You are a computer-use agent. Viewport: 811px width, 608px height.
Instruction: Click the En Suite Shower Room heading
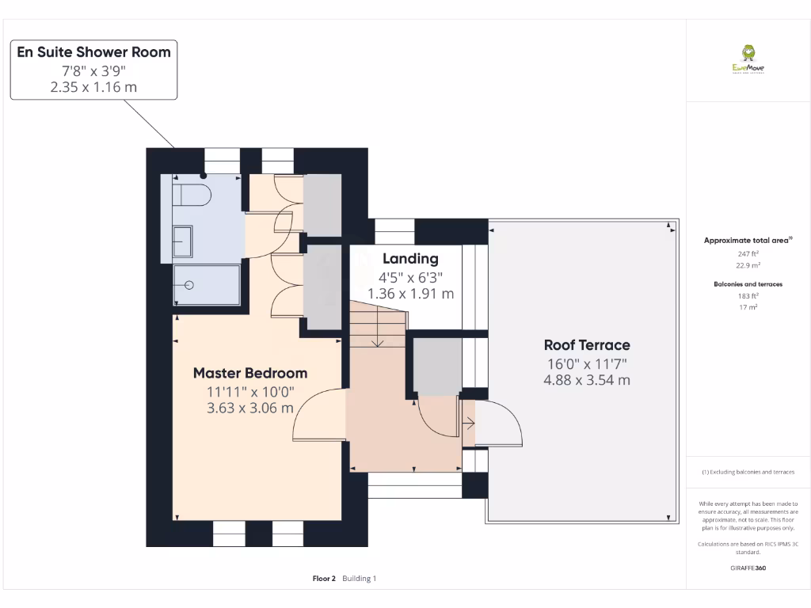coord(93,52)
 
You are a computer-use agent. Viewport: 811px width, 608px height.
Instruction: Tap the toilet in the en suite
coord(193,195)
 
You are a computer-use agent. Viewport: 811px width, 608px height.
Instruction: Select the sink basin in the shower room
coord(182,240)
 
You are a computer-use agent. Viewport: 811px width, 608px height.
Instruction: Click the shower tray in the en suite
coord(206,285)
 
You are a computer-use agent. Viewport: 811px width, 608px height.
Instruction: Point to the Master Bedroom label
coord(250,373)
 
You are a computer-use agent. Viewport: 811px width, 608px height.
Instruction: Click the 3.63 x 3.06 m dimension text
coord(250,408)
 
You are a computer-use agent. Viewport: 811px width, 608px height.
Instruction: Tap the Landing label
coord(410,259)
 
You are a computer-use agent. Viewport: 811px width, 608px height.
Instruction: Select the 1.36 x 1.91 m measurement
coord(410,294)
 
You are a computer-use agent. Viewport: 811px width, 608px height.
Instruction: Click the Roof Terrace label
coord(587,345)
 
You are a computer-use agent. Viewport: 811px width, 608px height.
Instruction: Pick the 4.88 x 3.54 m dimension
coord(587,380)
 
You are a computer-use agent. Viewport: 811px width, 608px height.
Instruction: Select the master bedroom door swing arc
coord(317,416)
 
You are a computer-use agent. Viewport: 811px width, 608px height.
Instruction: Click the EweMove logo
coord(748,59)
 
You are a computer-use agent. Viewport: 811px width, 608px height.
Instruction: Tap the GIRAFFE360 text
coord(748,568)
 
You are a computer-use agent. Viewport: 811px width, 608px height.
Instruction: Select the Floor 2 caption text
coord(325,579)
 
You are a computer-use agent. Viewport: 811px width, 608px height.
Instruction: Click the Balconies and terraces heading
coord(748,283)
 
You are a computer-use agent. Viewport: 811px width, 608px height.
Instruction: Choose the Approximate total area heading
coord(748,240)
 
